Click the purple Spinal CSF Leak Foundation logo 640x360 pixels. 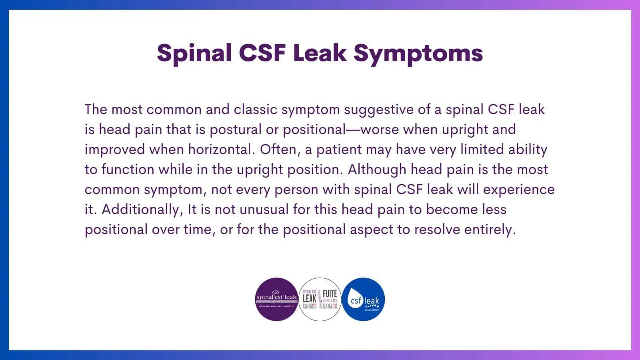(276, 299)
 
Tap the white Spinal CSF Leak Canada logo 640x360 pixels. (320, 299)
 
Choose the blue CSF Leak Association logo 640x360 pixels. (363, 299)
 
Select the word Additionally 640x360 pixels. (140, 209)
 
